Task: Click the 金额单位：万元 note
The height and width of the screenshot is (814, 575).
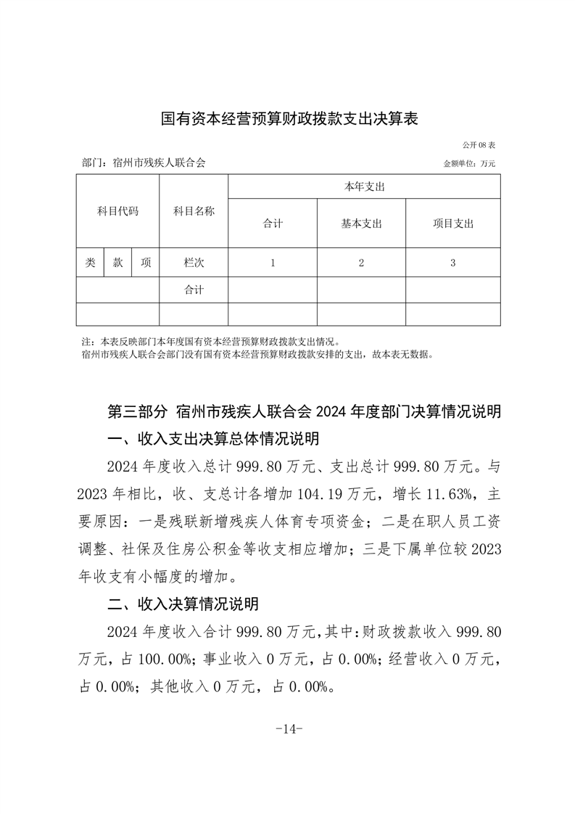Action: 469,164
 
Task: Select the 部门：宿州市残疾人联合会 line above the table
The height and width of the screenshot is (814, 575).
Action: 144,163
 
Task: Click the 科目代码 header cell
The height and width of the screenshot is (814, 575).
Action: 117,211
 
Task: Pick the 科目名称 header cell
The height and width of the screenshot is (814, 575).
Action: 194,211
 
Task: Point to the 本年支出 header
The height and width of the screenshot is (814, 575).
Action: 364,186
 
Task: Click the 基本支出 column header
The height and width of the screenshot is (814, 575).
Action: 361,223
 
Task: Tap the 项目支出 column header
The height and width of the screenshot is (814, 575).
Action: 452,223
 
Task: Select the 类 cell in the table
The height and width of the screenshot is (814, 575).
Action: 90,263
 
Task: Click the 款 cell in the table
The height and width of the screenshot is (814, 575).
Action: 117,263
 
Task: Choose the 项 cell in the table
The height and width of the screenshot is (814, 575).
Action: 146,263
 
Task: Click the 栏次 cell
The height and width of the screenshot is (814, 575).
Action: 194,263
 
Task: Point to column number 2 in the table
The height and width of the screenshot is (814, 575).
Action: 361,263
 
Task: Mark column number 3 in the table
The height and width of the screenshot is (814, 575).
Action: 452,263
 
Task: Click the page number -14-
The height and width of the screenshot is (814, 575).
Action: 289,729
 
